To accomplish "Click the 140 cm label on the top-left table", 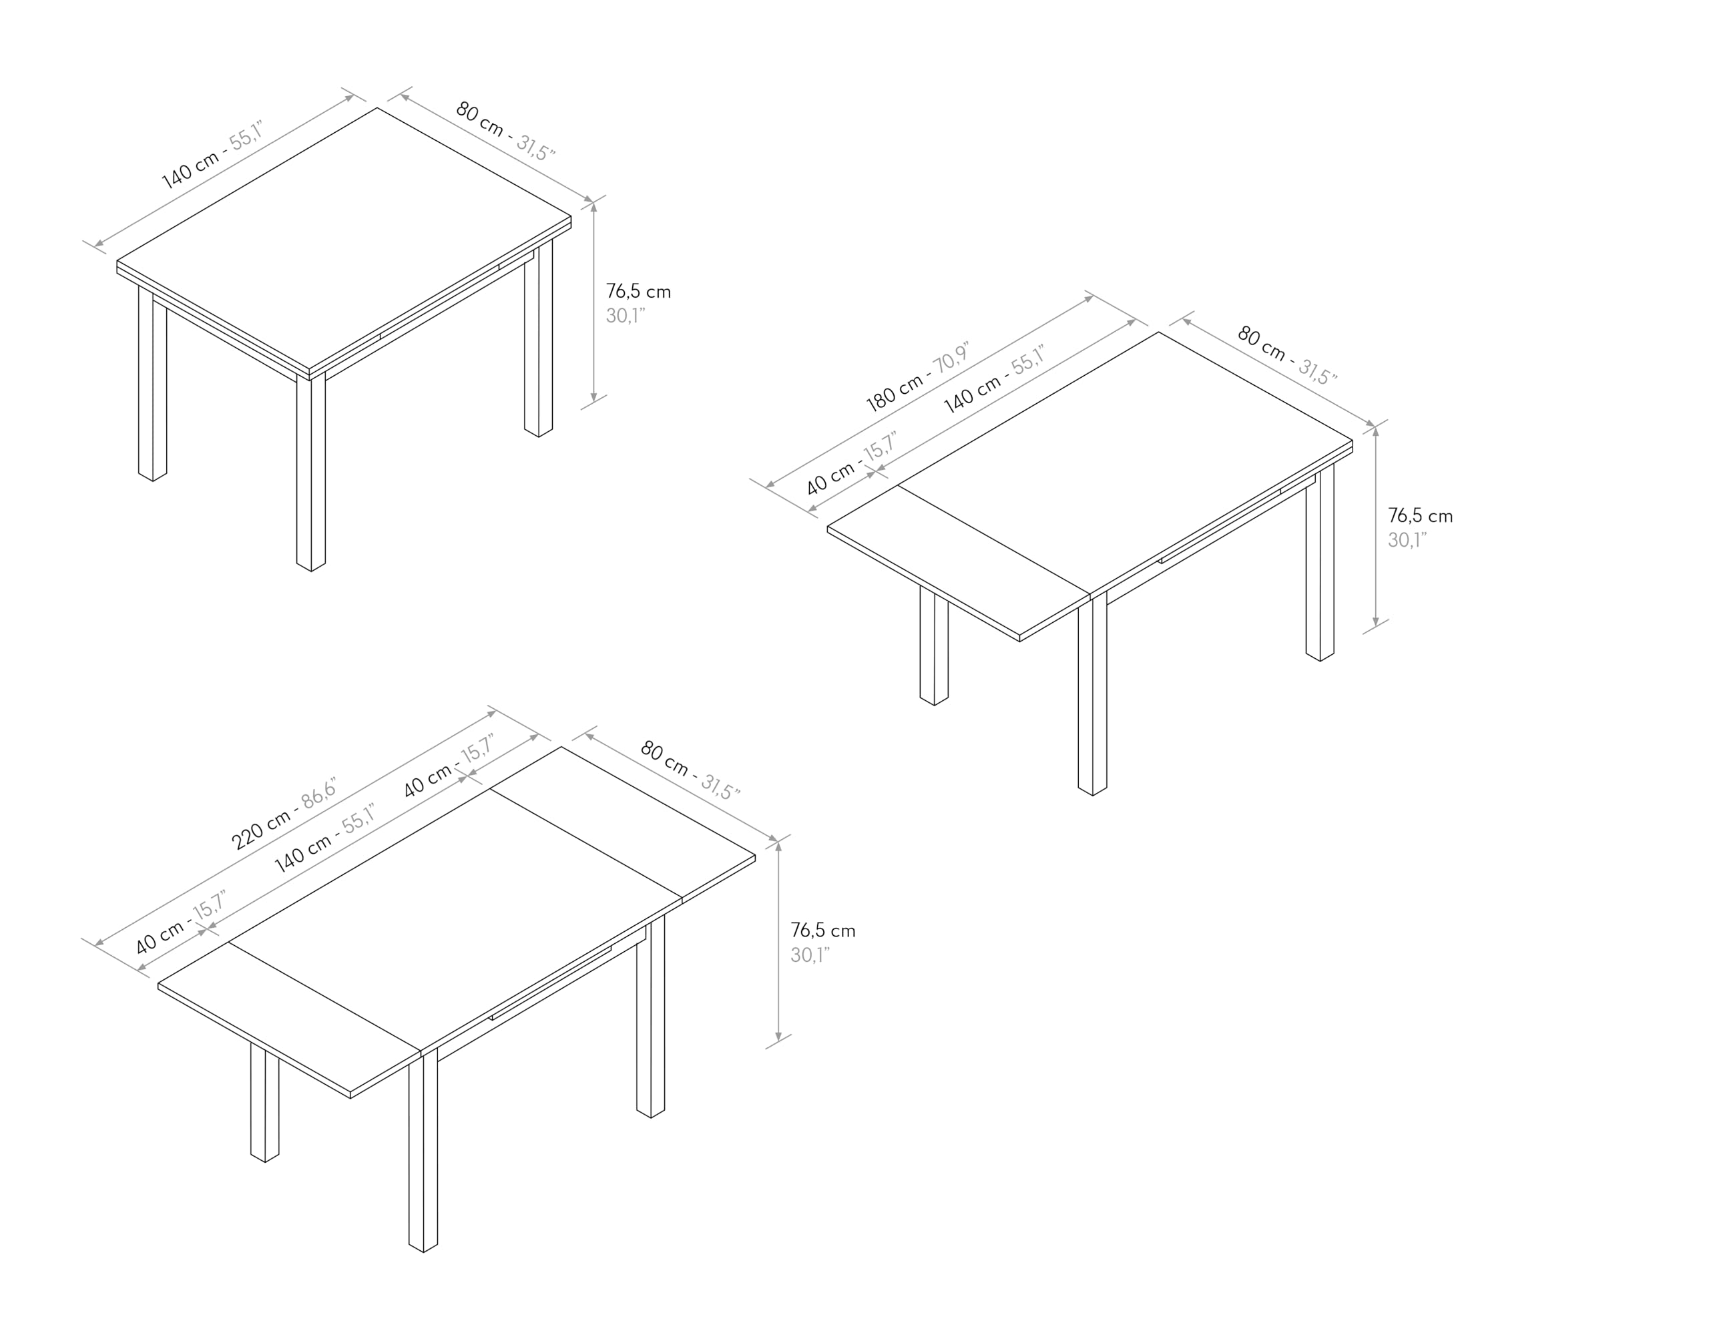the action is pyautogui.click(x=191, y=170).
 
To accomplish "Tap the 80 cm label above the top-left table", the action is pyautogui.click(x=479, y=119).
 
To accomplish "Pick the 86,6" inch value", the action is pyautogui.click(x=319, y=792).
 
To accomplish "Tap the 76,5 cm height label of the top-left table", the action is pyautogui.click(x=638, y=292).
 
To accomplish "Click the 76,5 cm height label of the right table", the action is pyautogui.click(x=1420, y=516).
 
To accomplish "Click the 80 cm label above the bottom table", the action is pyautogui.click(x=664, y=759).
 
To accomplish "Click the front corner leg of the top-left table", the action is pyautogui.click(x=310, y=473).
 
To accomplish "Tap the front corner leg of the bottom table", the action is pyautogui.click(x=423, y=1150).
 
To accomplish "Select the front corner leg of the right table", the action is pyautogui.click(x=1092, y=695).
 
